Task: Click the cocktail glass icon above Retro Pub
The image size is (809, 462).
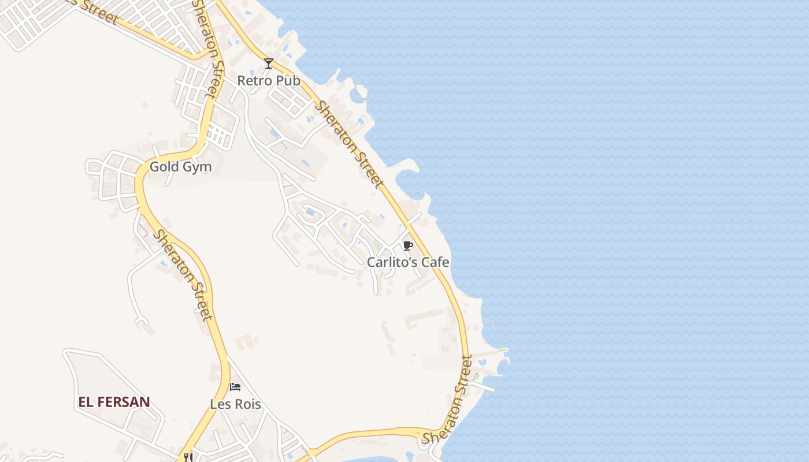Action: tap(269, 63)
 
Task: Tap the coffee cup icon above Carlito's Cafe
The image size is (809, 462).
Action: tap(407, 245)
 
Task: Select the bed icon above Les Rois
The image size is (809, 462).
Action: tap(235, 387)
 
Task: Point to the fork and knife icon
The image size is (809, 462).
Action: tap(188, 457)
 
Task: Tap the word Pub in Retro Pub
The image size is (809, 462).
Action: tap(287, 81)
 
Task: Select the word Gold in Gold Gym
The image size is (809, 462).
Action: tap(163, 167)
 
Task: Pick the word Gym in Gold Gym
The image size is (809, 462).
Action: tap(196, 167)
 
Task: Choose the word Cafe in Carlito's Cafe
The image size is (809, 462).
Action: tap(435, 262)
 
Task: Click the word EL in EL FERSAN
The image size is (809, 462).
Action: tap(86, 402)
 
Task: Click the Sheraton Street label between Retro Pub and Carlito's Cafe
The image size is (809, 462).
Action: tap(349, 145)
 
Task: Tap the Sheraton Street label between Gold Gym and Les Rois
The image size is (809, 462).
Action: tap(183, 274)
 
